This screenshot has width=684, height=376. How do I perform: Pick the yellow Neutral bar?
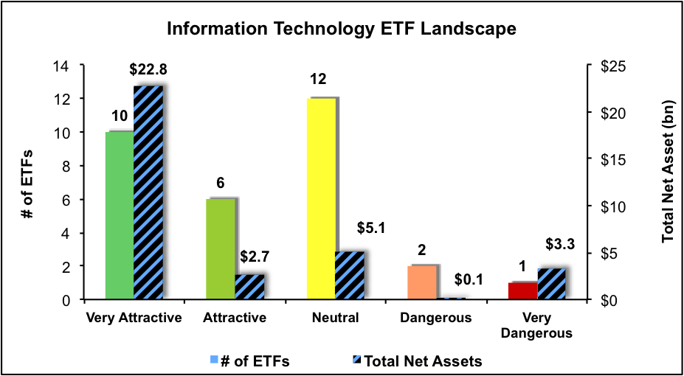(x=321, y=199)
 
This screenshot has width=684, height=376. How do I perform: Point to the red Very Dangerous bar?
(x=523, y=291)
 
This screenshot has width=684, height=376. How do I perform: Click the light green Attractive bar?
(x=220, y=249)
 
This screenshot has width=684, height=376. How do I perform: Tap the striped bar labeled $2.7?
(x=249, y=288)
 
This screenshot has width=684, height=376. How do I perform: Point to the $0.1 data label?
(x=451, y=279)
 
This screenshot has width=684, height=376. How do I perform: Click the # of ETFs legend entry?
(x=252, y=361)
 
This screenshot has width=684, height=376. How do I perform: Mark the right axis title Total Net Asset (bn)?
(x=668, y=182)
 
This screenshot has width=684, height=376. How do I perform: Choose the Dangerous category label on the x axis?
(x=436, y=318)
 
